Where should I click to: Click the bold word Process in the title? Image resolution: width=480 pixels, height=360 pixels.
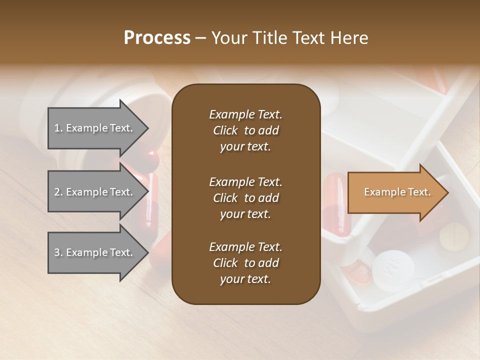pos(157,37)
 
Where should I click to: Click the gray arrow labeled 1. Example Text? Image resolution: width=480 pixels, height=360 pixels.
pos(95,128)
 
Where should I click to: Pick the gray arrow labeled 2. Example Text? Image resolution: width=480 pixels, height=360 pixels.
pos(95,192)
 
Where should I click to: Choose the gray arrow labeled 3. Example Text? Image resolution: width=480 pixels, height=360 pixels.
pos(95,252)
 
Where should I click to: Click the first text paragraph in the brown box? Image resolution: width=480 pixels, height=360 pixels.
pos(245,130)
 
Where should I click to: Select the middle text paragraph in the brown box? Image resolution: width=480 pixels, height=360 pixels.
pos(245,198)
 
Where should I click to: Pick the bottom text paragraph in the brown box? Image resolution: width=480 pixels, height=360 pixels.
pos(245,263)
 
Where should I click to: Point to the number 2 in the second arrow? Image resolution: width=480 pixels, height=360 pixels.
pos(57,192)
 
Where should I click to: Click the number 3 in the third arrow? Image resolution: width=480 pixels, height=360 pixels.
pos(57,252)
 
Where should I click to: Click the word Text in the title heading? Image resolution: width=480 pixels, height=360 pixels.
pos(307,37)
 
